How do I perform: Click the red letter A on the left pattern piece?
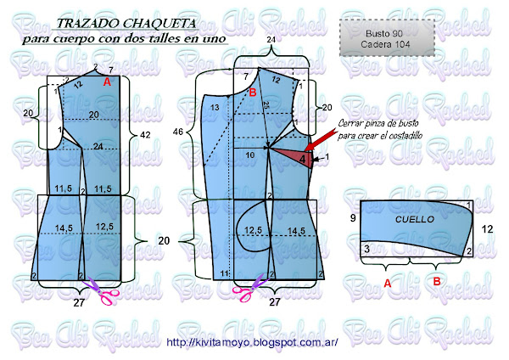tap(107, 83)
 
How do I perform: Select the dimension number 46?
tap(179, 133)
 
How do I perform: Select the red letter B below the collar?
tap(438, 282)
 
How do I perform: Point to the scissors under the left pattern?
tap(106, 290)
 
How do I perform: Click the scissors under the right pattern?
tap(247, 290)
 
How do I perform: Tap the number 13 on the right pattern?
tap(215, 107)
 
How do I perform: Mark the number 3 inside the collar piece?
tap(366, 249)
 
